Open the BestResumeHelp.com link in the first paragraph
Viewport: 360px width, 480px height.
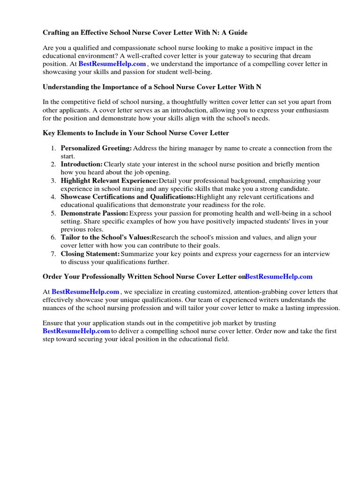[112, 64]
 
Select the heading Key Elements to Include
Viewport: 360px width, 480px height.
[136, 133]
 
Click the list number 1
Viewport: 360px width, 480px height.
[53, 149]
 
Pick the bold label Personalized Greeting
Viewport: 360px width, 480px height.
[96, 149]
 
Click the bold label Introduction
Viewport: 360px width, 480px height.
[82, 165]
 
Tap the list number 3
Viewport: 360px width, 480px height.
[53, 181]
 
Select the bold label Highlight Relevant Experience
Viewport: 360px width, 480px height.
[109, 181]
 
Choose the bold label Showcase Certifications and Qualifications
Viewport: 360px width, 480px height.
[128, 197]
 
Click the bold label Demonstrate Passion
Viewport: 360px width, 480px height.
[94, 213]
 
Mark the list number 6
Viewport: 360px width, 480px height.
[53, 238]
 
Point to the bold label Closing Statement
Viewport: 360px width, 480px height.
[90, 254]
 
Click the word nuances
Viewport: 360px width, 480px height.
[56, 308]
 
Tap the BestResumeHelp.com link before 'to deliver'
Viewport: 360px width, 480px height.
[76, 331]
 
